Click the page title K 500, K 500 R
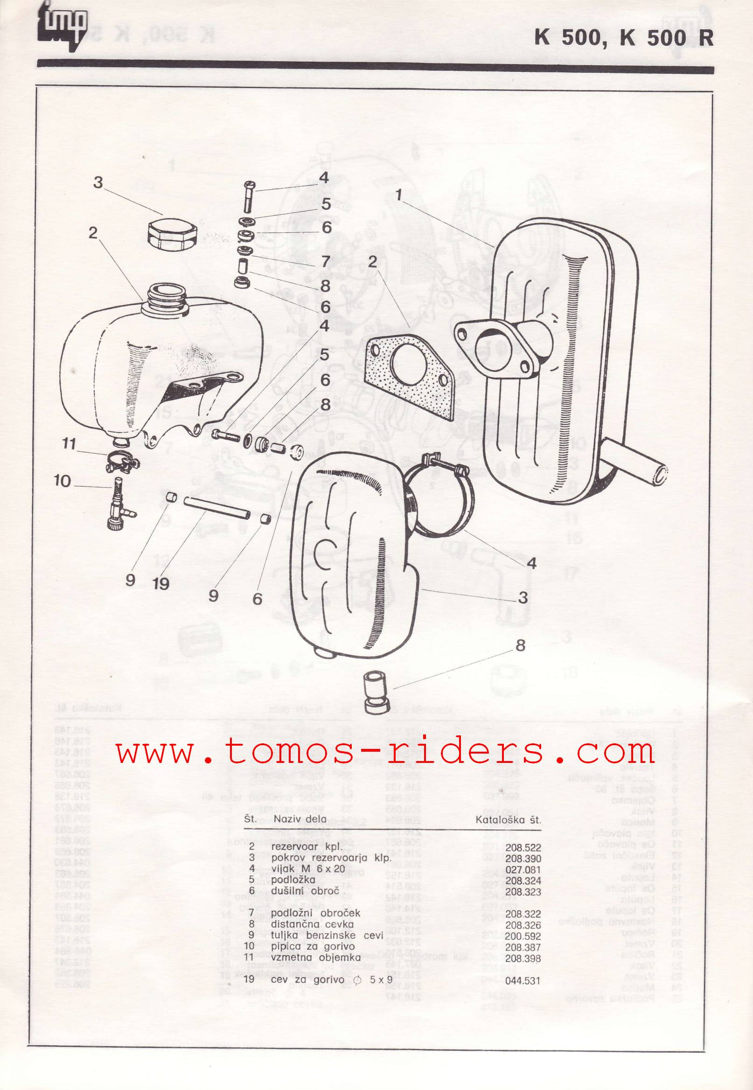pos(623,38)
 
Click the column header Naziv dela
pos(300,819)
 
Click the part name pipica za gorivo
pos(313,946)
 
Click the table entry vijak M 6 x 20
pos(308,870)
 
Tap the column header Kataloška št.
pos(508,820)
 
